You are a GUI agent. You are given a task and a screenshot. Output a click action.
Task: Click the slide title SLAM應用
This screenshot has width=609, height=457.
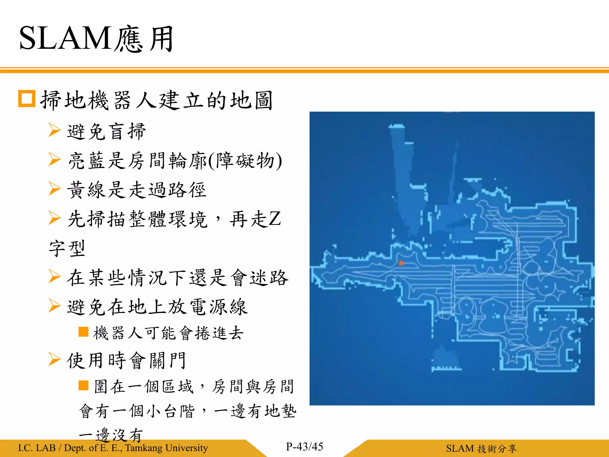point(96,39)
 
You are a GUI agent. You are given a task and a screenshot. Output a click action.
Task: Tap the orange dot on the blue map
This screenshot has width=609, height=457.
point(401,263)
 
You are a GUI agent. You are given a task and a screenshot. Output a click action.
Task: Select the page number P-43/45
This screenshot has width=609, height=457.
point(304,447)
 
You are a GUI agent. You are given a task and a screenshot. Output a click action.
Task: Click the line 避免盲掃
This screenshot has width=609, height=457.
point(106,131)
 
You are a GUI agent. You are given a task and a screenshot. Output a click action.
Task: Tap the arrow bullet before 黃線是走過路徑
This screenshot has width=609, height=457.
point(54,189)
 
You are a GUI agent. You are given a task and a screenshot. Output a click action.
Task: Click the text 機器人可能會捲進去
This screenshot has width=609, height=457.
point(168,333)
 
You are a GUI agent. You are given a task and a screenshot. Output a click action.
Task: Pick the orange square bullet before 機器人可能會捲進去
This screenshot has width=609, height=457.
point(83,332)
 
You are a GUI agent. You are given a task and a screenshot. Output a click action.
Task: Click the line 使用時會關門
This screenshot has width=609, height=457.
point(126,360)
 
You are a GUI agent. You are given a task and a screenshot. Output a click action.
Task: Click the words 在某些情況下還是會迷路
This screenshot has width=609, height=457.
point(177,278)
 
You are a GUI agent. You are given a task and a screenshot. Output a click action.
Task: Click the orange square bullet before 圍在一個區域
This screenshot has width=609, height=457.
point(83,385)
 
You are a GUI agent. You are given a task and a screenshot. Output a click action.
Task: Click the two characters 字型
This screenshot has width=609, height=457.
point(67,248)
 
